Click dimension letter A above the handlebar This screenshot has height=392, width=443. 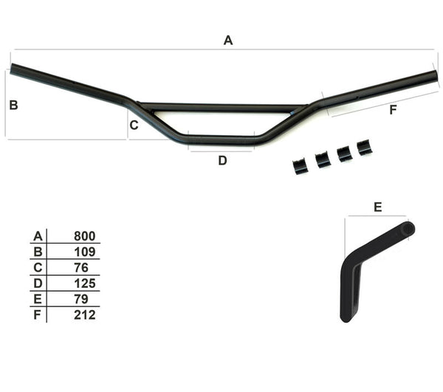pyautogui.click(x=228, y=41)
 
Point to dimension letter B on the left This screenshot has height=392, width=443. pyautogui.click(x=13, y=106)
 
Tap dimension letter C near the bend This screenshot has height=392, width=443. pyautogui.click(x=134, y=125)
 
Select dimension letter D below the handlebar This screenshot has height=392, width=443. pyautogui.click(x=222, y=160)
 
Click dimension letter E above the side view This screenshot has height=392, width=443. pyautogui.click(x=377, y=207)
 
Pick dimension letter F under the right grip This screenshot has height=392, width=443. pyautogui.click(x=392, y=110)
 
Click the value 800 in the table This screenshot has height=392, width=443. pyautogui.click(x=85, y=236)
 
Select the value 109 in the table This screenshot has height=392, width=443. pyautogui.click(x=85, y=252)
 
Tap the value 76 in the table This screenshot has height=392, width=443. pyautogui.click(x=82, y=267)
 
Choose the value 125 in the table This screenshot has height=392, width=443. pyautogui.click(x=85, y=283)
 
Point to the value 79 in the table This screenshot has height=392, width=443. pyautogui.click(x=81, y=299)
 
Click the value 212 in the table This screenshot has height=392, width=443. pyautogui.click(x=85, y=314)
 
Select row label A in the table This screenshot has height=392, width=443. pyautogui.click(x=37, y=236)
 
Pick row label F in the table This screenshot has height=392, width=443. pyautogui.click(x=37, y=314)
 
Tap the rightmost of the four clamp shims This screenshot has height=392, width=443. pyautogui.click(x=364, y=148)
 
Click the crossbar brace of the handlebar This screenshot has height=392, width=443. pyautogui.click(x=221, y=108)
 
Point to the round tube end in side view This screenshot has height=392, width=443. pyautogui.click(x=407, y=229)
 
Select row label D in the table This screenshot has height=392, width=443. pyautogui.click(x=37, y=283)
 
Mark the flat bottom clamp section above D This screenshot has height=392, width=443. pyautogui.click(x=221, y=138)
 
